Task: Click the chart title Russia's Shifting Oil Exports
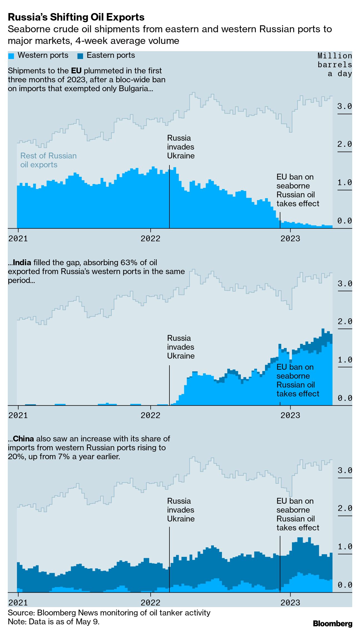(76, 17)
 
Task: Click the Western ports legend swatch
(11, 56)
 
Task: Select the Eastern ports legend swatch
(80, 56)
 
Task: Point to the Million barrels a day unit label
(335, 64)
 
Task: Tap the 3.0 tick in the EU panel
(344, 106)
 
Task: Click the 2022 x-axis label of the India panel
(150, 415)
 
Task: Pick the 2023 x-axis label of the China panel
(290, 602)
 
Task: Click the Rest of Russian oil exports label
(48, 160)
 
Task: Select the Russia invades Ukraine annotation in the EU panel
(181, 147)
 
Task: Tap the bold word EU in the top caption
(76, 71)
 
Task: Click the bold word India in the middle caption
(22, 262)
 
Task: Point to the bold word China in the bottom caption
(23, 439)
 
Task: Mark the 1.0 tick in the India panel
(344, 360)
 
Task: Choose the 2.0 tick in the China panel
(344, 508)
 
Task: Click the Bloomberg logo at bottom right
(332, 623)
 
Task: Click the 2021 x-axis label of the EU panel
(18, 239)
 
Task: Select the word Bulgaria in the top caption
(134, 88)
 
